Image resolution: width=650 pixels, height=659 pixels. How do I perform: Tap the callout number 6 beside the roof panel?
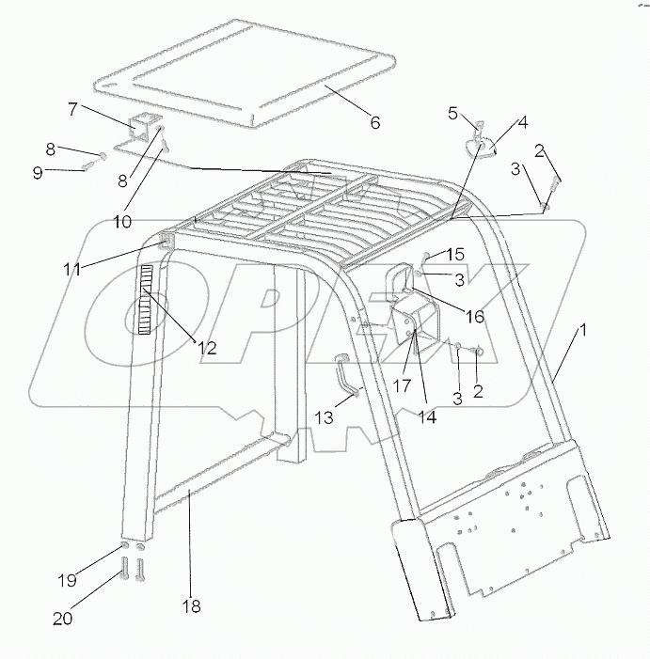coord(374,122)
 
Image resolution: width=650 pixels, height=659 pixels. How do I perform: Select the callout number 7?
coord(72,109)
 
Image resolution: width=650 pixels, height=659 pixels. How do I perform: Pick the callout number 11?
coord(72,269)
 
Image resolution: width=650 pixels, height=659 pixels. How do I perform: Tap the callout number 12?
coord(206,348)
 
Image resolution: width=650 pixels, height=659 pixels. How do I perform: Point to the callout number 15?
coord(455,254)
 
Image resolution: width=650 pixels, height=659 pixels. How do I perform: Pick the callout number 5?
coord(452,114)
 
